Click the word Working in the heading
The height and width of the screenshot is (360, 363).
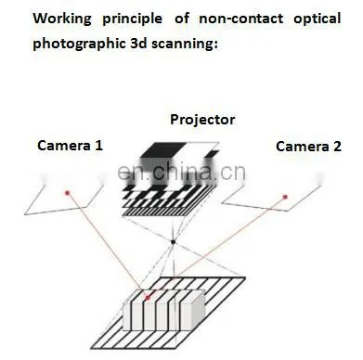click(62, 19)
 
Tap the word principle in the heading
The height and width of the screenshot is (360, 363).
click(132, 19)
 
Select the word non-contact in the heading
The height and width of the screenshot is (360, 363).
click(240, 19)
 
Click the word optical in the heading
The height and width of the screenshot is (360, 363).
click(317, 19)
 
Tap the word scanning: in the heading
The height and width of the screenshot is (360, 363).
click(185, 45)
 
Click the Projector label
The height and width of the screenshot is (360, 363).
click(202, 120)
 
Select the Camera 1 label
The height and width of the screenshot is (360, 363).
click(70, 146)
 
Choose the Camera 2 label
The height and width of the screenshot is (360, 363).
click(308, 147)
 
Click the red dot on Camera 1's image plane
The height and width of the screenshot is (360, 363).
click(67, 193)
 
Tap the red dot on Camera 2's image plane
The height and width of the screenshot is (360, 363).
click(285, 197)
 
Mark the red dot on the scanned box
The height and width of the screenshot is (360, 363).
click(148, 298)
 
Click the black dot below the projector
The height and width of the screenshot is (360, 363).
click(174, 242)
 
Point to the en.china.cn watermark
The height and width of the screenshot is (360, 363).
click(182, 173)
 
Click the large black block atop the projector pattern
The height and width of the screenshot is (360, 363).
click(162, 149)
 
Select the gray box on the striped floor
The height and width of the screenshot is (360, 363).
click(164, 310)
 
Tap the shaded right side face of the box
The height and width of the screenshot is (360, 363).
click(199, 310)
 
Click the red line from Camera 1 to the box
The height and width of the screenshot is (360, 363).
click(108, 245)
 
